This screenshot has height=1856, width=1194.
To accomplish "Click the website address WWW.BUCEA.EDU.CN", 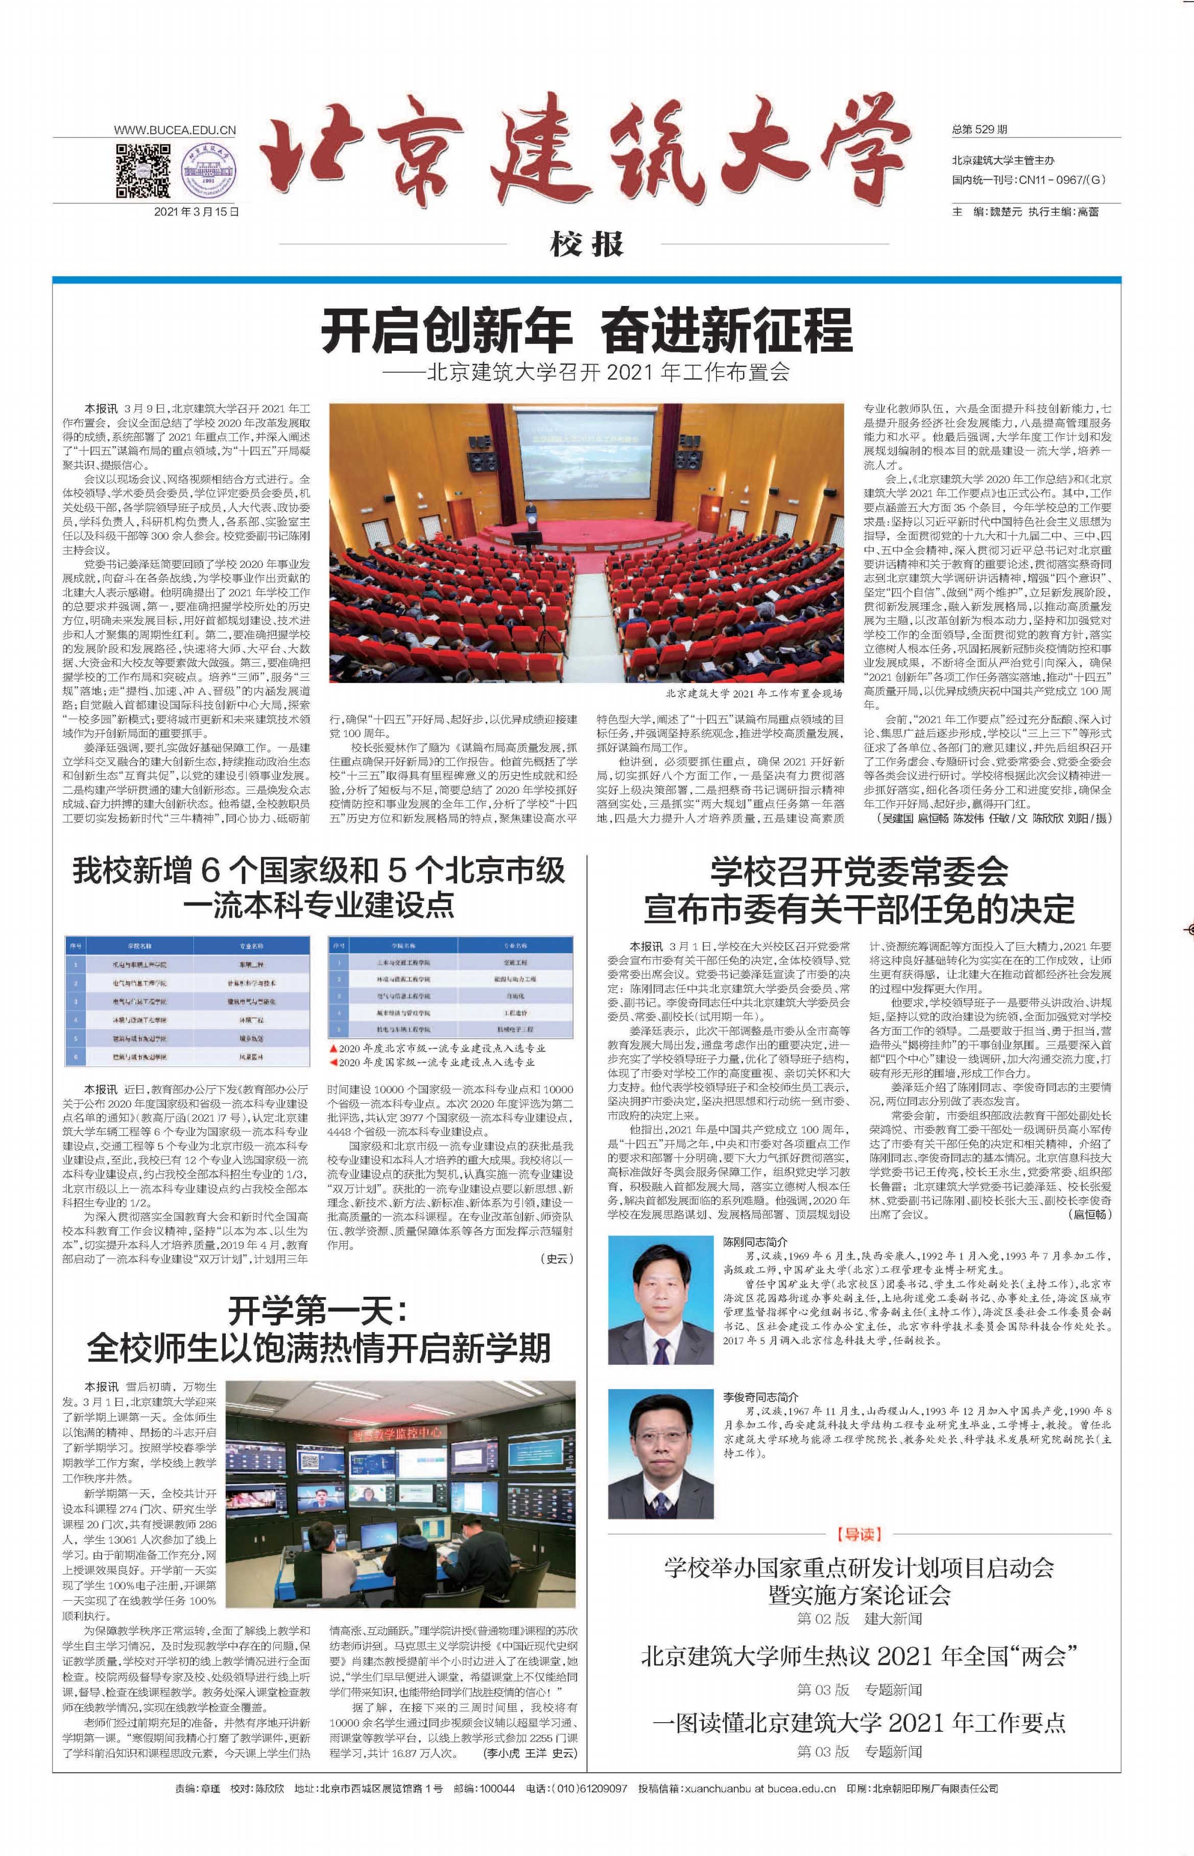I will [x=175, y=131].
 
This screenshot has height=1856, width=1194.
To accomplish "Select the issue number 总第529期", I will [x=980, y=129].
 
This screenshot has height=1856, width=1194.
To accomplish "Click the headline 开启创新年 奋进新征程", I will [x=587, y=330].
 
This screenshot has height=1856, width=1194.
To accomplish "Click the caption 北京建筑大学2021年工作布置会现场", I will [x=753, y=693].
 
